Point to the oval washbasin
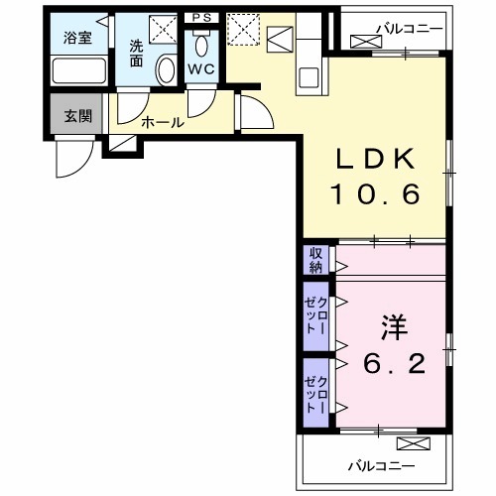pyautogui.click(x=167, y=68)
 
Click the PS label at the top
pyautogui.click(x=202, y=17)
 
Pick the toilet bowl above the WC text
pyautogui.click(x=201, y=46)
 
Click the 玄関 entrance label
pyautogui.click(x=77, y=115)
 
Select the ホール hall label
pyautogui.click(x=161, y=122)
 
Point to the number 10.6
pyautogui.click(x=379, y=193)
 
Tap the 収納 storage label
pyautogui.click(x=315, y=260)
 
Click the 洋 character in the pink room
pyautogui.click(x=389, y=328)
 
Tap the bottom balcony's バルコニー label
pyautogui.click(x=380, y=464)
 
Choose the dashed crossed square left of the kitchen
pyautogui.click(x=241, y=31)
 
